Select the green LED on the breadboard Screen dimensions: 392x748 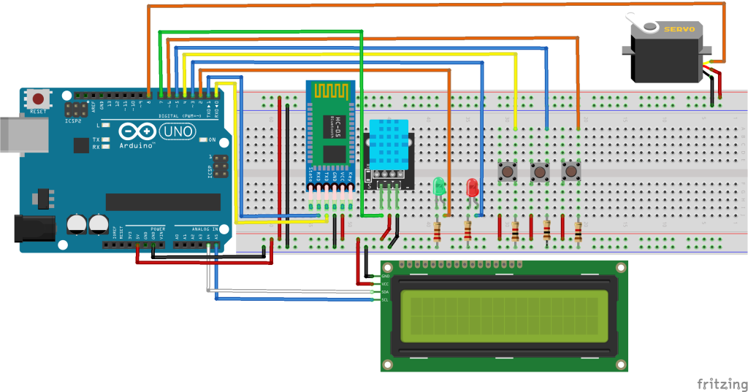(439, 187)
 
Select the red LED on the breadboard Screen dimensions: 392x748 (472, 188)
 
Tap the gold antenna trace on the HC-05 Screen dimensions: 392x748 (330, 93)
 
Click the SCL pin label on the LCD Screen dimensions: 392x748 (385, 299)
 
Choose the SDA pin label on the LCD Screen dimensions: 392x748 (385, 291)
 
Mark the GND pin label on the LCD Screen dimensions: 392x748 (385, 276)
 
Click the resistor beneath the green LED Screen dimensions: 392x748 (437, 232)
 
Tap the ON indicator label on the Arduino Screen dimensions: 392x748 (213, 139)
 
